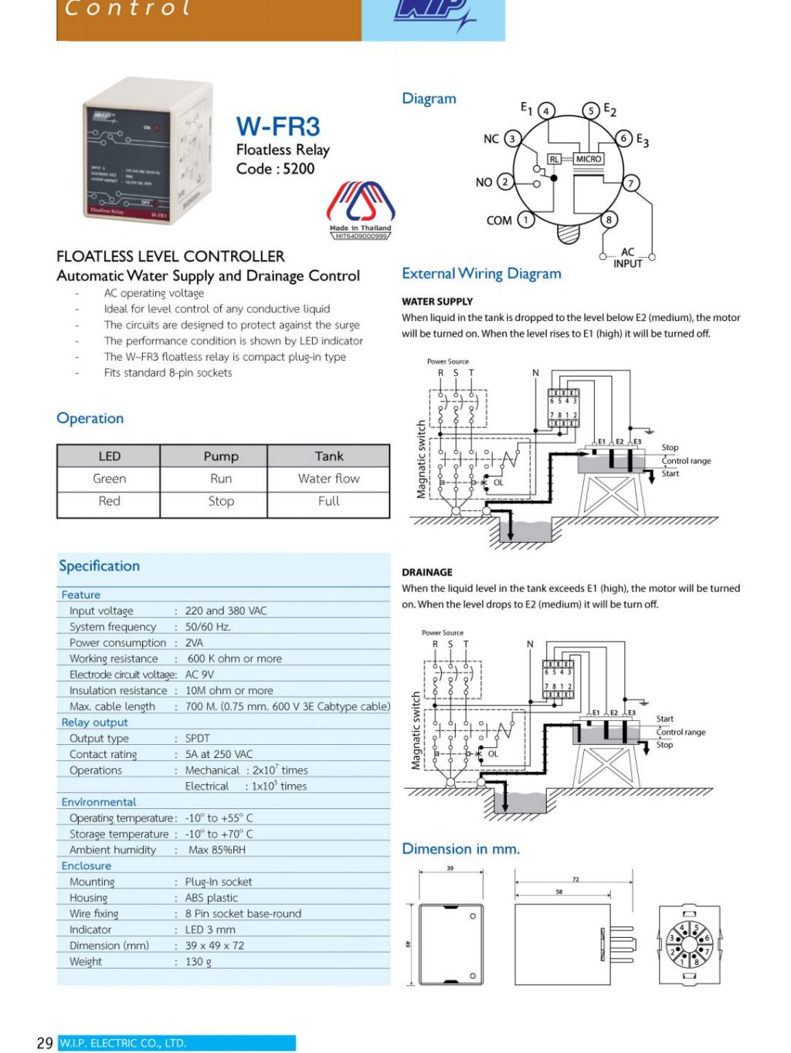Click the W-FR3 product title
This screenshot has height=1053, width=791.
pos(278,127)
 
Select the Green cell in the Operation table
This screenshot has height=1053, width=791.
pos(109,479)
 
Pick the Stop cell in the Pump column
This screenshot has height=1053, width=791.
pos(221,501)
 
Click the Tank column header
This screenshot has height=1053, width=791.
pos(328,456)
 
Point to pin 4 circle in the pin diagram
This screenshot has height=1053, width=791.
pos(546,111)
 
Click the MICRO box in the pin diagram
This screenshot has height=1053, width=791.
pos(588,159)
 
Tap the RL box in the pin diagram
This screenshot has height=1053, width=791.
pos(554,159)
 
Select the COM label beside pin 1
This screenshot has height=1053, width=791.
pos(499,221)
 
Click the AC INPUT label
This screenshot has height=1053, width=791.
pos(627,258)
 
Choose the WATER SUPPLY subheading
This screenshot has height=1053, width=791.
pos(437,302)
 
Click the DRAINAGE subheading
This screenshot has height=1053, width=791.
pos(427,573)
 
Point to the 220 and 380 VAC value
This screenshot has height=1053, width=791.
pos(226,611)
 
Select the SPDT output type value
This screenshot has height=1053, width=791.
pos(198,738)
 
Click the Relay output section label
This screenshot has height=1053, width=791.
pos(94,723)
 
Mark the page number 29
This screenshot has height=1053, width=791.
pos(45,1043)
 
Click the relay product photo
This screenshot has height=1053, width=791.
pos(147,151)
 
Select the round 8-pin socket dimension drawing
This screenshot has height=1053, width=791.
pos(689,944)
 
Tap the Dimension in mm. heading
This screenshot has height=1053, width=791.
pos(461,849)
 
